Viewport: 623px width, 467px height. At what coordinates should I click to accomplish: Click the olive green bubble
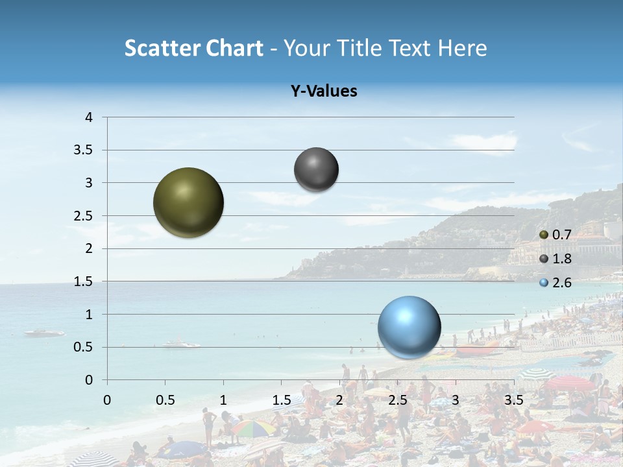(188, 202)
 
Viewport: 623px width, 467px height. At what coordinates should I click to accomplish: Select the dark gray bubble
(316, 169)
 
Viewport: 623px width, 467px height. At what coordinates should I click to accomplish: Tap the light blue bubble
(409, 327)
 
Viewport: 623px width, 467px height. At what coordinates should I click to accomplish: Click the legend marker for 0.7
(544, 234)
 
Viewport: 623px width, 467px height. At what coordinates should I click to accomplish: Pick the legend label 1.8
(561, 259)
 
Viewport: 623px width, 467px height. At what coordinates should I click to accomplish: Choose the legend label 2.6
(561, 283)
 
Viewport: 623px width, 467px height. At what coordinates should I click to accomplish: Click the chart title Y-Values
(324, 91)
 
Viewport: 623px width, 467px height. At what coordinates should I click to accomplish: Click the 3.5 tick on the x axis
(513, 400)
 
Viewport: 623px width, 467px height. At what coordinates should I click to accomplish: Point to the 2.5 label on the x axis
(397, 400)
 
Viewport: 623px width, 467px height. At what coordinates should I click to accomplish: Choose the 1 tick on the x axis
(223, 400)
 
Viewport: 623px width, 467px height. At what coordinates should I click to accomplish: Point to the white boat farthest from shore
(44, 333)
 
